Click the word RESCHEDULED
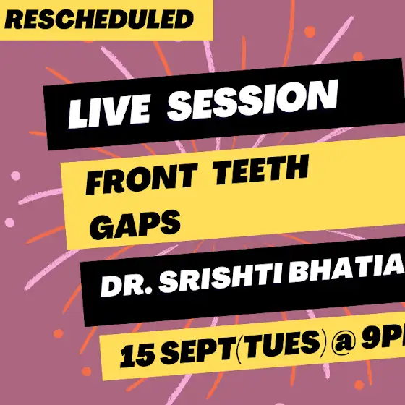(99, 20)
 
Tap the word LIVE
(109, 111)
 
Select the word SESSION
(252, 100)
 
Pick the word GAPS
(135, 225)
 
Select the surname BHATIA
(347, 270)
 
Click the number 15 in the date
(137, 356)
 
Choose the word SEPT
(197, 350)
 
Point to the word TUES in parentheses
(281, 344)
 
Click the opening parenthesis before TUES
(239, 349)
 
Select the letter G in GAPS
(102, 227)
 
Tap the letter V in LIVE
(116, 111)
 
